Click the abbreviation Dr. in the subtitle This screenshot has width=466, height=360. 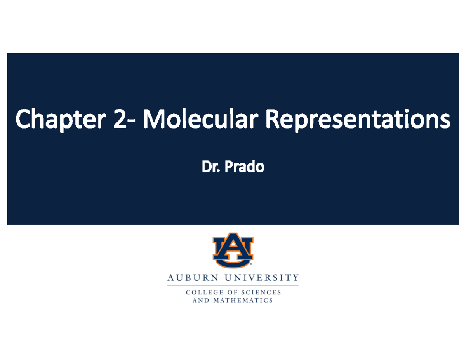(x=209, y=167)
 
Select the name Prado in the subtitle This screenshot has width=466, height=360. (x=244, y=167)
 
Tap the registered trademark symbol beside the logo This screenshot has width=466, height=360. (x=251, y=264)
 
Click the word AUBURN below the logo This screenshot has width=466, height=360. (x=193, y=278)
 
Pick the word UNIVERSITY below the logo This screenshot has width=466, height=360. (x=263, y=278)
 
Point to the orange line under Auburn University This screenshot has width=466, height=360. (x=233, y=285)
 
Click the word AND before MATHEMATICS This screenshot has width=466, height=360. (x=201, y=300)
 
